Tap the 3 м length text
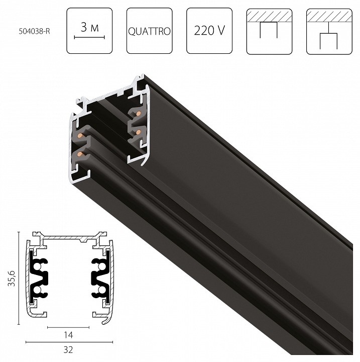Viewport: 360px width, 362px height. tap(89, 27)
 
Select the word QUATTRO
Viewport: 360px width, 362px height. tap(149, 31)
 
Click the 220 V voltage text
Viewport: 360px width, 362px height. tap(208, 31)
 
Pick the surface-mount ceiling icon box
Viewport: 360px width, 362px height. tap(268, 31)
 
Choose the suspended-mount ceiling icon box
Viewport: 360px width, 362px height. tap(327, 31)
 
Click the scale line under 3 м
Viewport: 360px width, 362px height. tap(89, 37)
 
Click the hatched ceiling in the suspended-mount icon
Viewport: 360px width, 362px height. tap(327, 17)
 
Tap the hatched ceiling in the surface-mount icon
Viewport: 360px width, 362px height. tap(268, 17)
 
